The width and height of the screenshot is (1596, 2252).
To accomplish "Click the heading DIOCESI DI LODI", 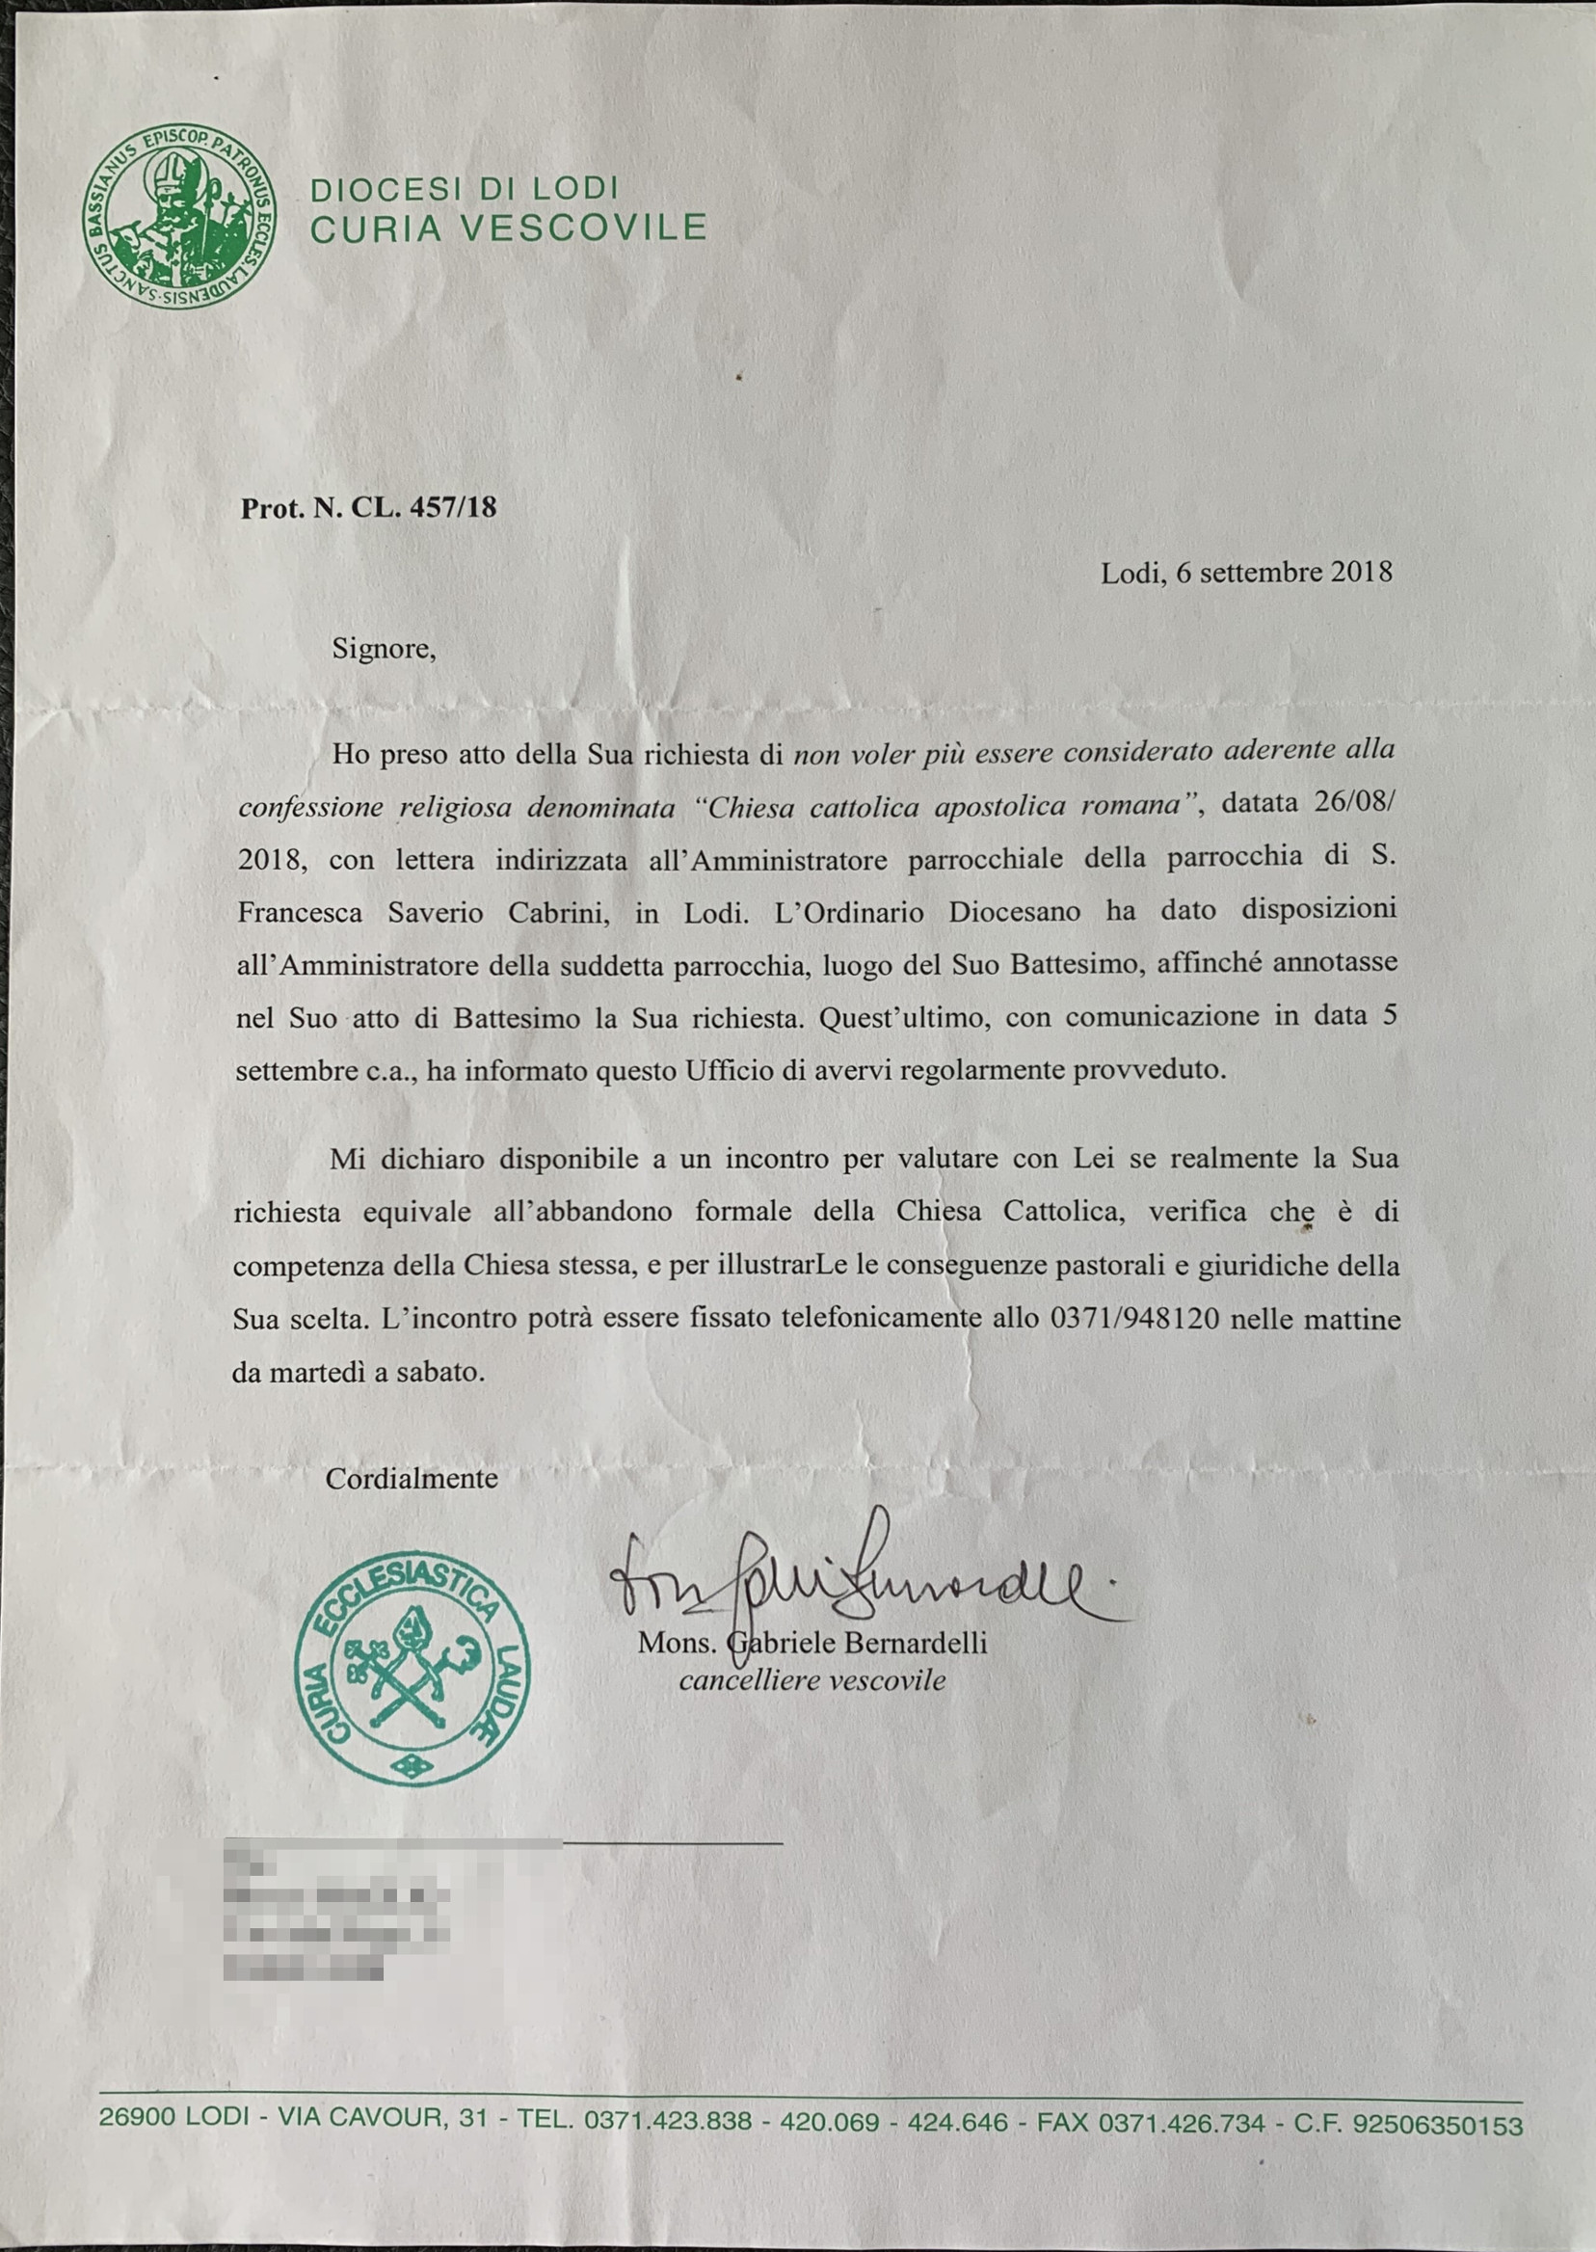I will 465,189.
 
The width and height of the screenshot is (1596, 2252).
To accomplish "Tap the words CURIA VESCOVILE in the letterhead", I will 509,228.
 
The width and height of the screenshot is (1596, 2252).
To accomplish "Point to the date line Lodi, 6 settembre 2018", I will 1246,572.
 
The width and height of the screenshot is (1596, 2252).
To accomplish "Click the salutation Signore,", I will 384,649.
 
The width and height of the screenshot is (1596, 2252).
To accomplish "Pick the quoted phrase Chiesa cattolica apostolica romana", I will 943,807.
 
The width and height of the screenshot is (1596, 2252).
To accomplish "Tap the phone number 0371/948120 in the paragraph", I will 1134,1318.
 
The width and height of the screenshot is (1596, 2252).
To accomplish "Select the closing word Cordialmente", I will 412,1479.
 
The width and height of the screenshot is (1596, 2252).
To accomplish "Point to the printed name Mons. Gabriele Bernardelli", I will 811,1643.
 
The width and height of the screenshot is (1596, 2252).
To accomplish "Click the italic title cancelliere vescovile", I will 811,1681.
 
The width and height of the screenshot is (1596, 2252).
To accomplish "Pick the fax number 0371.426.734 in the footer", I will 1182,2123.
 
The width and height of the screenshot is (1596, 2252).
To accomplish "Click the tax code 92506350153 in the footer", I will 1438,2125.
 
